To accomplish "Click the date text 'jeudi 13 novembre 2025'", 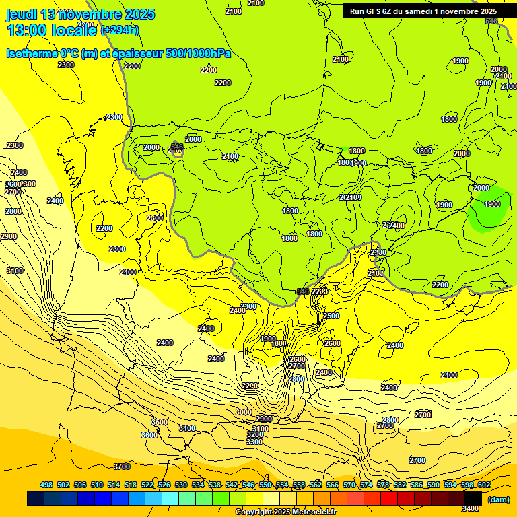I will (80, 14).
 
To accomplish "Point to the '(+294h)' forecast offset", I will (119, 30).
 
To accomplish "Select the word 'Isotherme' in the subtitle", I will (31, 53).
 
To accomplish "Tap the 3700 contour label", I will (122, 467).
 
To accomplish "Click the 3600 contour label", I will (149, 435).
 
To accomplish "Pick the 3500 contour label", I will (160, 422).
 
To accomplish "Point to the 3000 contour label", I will (244, 412).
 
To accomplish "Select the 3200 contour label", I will (254, 434).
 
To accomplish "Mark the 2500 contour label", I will (331, 316).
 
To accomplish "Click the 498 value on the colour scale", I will (46, 485).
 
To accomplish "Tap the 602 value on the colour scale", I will (484, 485).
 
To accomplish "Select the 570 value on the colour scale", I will (349, 485).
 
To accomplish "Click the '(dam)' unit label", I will (497, 499).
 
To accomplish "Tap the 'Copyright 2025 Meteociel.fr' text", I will (285, 512).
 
